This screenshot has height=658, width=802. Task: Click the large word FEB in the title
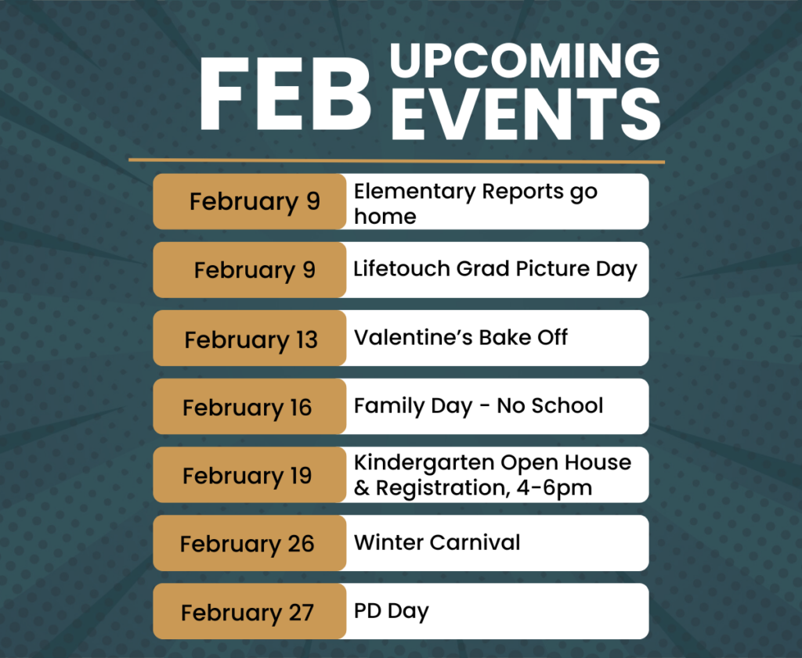coord(285,93)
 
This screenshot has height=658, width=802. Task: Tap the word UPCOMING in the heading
coord(525,60)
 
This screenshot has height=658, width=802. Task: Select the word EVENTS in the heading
coord(526,114)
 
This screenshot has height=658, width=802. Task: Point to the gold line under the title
coord(396,161)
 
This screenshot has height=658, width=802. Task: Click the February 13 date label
coord(251,340)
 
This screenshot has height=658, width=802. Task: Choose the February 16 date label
coord(247,408)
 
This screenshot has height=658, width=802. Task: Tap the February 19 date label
coord(247,476)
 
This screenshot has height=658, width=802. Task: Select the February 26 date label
coord(247,544)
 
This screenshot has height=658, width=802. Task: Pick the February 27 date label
coord(247,613)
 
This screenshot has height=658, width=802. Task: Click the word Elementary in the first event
coord(415,192)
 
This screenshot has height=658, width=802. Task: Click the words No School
coord(550,405)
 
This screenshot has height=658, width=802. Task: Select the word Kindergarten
coord(424,463)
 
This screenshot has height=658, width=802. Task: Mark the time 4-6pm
coord(554,488)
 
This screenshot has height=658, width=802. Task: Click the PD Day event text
coord(392,612)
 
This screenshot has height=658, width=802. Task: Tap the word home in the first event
coord(385,217)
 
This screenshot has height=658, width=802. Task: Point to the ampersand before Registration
coord(361,488)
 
